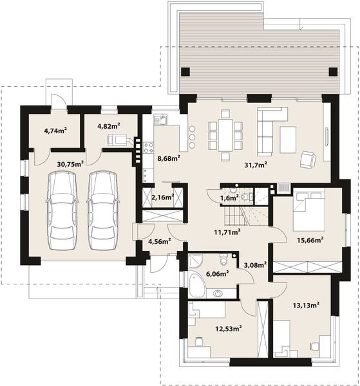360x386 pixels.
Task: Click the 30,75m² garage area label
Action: point(70,164)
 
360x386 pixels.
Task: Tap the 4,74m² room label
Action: point(55,131)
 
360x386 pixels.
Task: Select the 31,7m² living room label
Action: point(256,165)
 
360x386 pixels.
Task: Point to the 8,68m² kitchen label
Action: point(169,158)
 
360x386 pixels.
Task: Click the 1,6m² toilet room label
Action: point(229,198)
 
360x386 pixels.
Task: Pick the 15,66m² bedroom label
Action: point(310,240)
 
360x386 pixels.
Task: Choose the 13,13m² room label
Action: point(306,305)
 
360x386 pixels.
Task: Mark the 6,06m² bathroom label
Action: point(217,273)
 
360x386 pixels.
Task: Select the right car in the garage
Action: point(103,211)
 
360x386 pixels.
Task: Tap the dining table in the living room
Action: point(225,135)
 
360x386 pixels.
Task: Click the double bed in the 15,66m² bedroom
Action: point(308,211)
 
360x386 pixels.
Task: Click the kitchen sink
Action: point(161,120)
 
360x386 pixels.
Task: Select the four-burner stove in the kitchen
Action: point(149,148)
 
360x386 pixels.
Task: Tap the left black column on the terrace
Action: point(185,71)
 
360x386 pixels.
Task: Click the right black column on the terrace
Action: point(333,71)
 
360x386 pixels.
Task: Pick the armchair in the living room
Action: point(308,159)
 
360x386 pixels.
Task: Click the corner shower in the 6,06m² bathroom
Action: point(195,261)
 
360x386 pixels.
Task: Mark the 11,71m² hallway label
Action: point(227,232)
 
